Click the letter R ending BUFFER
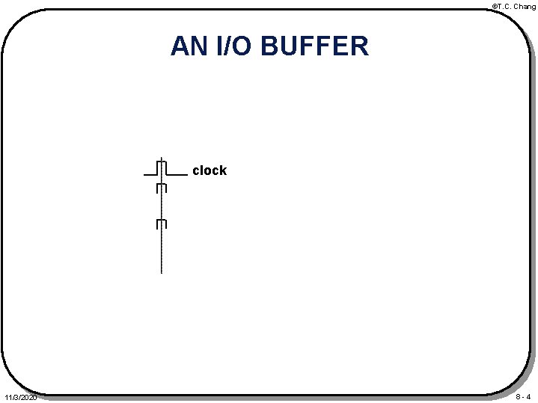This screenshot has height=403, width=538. (358, 46)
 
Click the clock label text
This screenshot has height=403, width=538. (209, 170)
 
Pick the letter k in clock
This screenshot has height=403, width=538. (222, 170)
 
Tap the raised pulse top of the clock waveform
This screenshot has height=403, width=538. (161, 161)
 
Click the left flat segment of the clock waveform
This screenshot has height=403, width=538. (149, 173)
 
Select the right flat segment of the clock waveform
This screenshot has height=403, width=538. (177, 173)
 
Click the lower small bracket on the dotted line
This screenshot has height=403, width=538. (161, 224)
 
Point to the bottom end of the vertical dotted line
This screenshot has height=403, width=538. (161, 271)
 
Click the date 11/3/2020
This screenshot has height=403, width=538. (19, 397)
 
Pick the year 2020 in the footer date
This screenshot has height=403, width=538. (28, 397)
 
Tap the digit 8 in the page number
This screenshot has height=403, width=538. (517, 396)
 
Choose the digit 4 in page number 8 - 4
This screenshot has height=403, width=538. (528, 396)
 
